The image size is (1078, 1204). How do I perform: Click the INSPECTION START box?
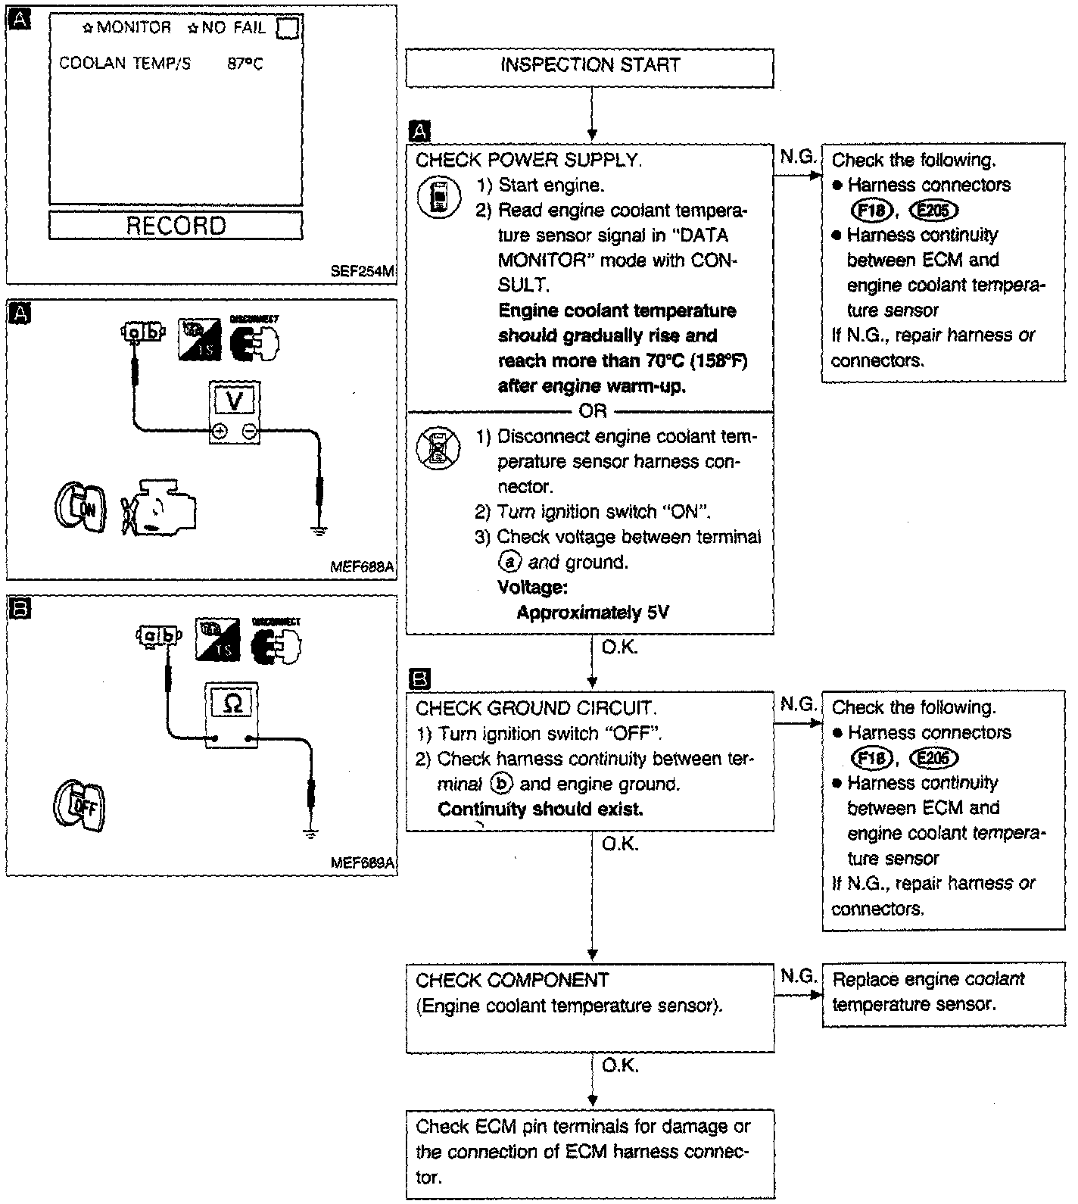click(x=590, y=67)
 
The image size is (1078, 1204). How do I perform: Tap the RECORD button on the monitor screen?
click(x=176, y=226)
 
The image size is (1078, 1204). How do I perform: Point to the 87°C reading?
click(x=245, y=64)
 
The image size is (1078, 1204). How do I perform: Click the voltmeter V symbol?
click(x=235, y=401)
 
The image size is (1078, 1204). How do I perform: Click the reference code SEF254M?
click(x=363, y=272)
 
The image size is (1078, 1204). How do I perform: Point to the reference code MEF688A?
click(x=363, y=566)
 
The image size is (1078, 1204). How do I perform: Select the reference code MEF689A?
click(x=363, y=863)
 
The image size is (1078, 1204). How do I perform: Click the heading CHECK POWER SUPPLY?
click(x=528, y=161)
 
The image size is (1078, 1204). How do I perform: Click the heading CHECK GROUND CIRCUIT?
click(x=536, y=709)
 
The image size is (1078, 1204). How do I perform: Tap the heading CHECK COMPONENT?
click(x=512, y=981)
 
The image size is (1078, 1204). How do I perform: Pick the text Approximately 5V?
click(x=593, y=613)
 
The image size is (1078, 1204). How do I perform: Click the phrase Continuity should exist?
click(x=541, y=809)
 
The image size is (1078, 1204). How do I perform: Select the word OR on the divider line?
click(x=592, y=411)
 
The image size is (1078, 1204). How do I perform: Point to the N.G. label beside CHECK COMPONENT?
click(x=798, y=977)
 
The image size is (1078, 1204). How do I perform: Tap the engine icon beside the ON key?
click(x=160, y=506)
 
